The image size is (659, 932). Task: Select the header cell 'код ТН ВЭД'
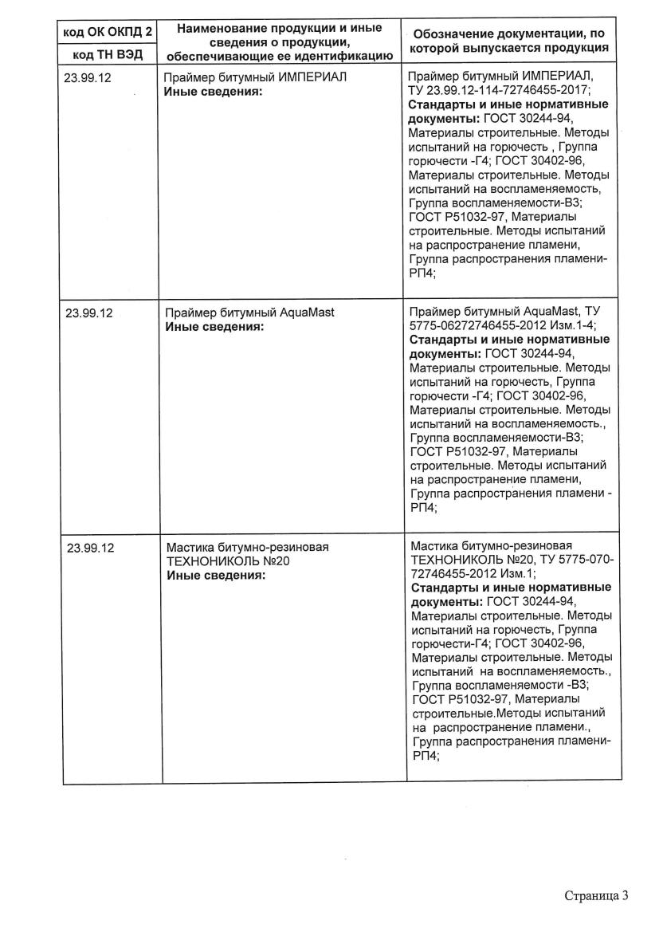(x=108, y=55)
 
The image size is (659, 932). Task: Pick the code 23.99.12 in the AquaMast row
(x=88, y=313)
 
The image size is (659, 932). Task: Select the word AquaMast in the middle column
(x=308, y=313)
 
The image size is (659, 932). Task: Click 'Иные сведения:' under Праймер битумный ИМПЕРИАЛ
(x=214, y=92)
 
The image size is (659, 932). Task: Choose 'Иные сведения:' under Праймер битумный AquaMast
(x=214, y=326)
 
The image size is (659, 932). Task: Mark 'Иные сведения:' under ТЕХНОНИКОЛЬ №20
(x=216, y=575)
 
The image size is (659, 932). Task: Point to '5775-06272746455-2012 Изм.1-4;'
(x=502, y=325)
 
